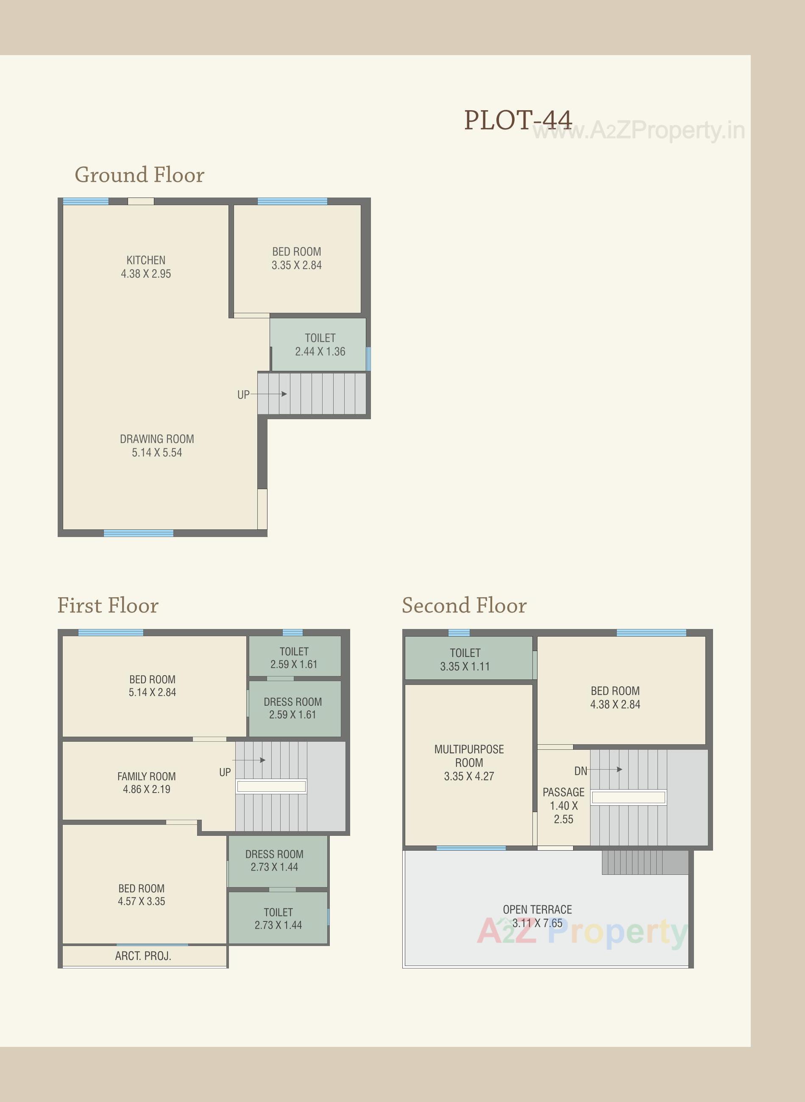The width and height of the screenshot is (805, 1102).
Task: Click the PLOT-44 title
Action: pyautogui.click(x=518, y=120)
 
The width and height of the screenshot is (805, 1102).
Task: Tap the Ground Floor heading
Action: pyautogui.click(x=139, y=175)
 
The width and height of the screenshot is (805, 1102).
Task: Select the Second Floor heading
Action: pyautogui.click(x=464, y=606)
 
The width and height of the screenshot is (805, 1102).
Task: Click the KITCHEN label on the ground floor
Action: pyautogui.click(x=146, y=260)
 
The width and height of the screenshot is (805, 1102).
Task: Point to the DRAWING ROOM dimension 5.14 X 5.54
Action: pyautogui.click(x=157, y=453)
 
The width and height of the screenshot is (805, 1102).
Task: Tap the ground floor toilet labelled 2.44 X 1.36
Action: pyautogui.click(x=320, y=345)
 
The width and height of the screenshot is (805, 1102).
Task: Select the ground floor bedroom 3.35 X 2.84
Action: pyautogui.click(x=296, y=259)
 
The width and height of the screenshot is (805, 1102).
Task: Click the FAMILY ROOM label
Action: pyautogui.click(x=146, y=776)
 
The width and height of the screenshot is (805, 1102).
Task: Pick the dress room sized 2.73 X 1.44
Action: pyautogui.click(x=274, y=860)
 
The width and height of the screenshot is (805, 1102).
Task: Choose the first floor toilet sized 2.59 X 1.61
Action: pyautogui.click(x=294, y=658)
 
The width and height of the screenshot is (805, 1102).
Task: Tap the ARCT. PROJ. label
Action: pyautogui.click(x=143, y=956)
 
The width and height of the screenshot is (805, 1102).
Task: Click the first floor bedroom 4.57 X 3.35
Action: pyautogui.click(x=141, y=894)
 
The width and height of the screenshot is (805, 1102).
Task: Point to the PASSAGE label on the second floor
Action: pyautogui.click(x=563, y=792)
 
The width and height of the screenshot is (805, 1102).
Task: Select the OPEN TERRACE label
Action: pyautogui.click(x=537, y=910)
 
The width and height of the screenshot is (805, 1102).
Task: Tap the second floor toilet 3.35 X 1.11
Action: pyautogui.click(x=465, y=659)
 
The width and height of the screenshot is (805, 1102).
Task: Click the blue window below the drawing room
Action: pyautogui.click(x=138, y=534)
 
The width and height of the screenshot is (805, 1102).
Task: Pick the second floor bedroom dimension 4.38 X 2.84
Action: pyautogui.click(x=615, y=704)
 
